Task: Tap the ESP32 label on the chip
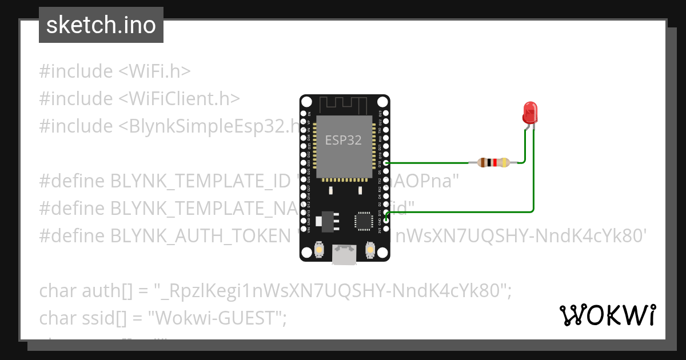pos(343,140)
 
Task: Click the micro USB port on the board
pos(344,254)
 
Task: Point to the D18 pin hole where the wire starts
pos(386,163)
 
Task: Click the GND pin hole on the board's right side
pos(386,221)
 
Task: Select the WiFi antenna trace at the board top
pos(343,105)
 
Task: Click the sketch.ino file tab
pos(101,25)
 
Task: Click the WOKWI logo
pos(607,315)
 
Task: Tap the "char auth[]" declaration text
pos(86,291)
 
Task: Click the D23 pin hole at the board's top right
pos(386,114)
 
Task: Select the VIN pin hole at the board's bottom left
pos(303,229)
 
